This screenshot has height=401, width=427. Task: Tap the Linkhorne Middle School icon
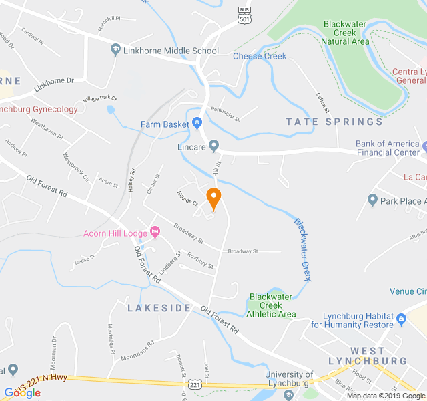pyautogui.click(x=115, y=51)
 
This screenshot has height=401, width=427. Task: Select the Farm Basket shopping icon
pyautogui.click(x=197, y=124)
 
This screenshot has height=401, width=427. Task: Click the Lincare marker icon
pyautogui.click(x=213, y=145)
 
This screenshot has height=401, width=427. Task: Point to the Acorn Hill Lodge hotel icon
pyautogui.click(x=155, y=233)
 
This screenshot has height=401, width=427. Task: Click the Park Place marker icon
pyautogui.click(x=373, y=200)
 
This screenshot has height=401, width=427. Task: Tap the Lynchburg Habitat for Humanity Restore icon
pyautogui.click(x=401, y=319)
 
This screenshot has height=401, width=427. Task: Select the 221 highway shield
pyautogui.click(x=193, y=384)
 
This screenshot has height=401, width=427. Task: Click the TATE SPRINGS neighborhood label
pyautogui.click(x=334, y=122)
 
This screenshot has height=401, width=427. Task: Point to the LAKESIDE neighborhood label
pyautogui.click(x=159, y=308)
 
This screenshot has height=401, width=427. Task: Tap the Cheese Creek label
pyautogui.click(x=260, y=56)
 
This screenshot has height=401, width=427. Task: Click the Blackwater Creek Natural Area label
pyautogui.click(x=344, y=33)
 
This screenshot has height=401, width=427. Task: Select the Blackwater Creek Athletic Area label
pyautogui.click(x=271, y=305)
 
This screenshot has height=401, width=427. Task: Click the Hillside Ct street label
pyautogui.click(x=187, y=201)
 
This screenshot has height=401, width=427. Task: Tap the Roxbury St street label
pyautogui.click(x=200, y=261)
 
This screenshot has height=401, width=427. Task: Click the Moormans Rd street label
pyautogui.click(x=137, y=351)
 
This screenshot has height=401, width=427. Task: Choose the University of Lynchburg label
pyautogui.click(x=296, y=379)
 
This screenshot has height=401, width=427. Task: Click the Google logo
pyautogui.click(x=22, y=392)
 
